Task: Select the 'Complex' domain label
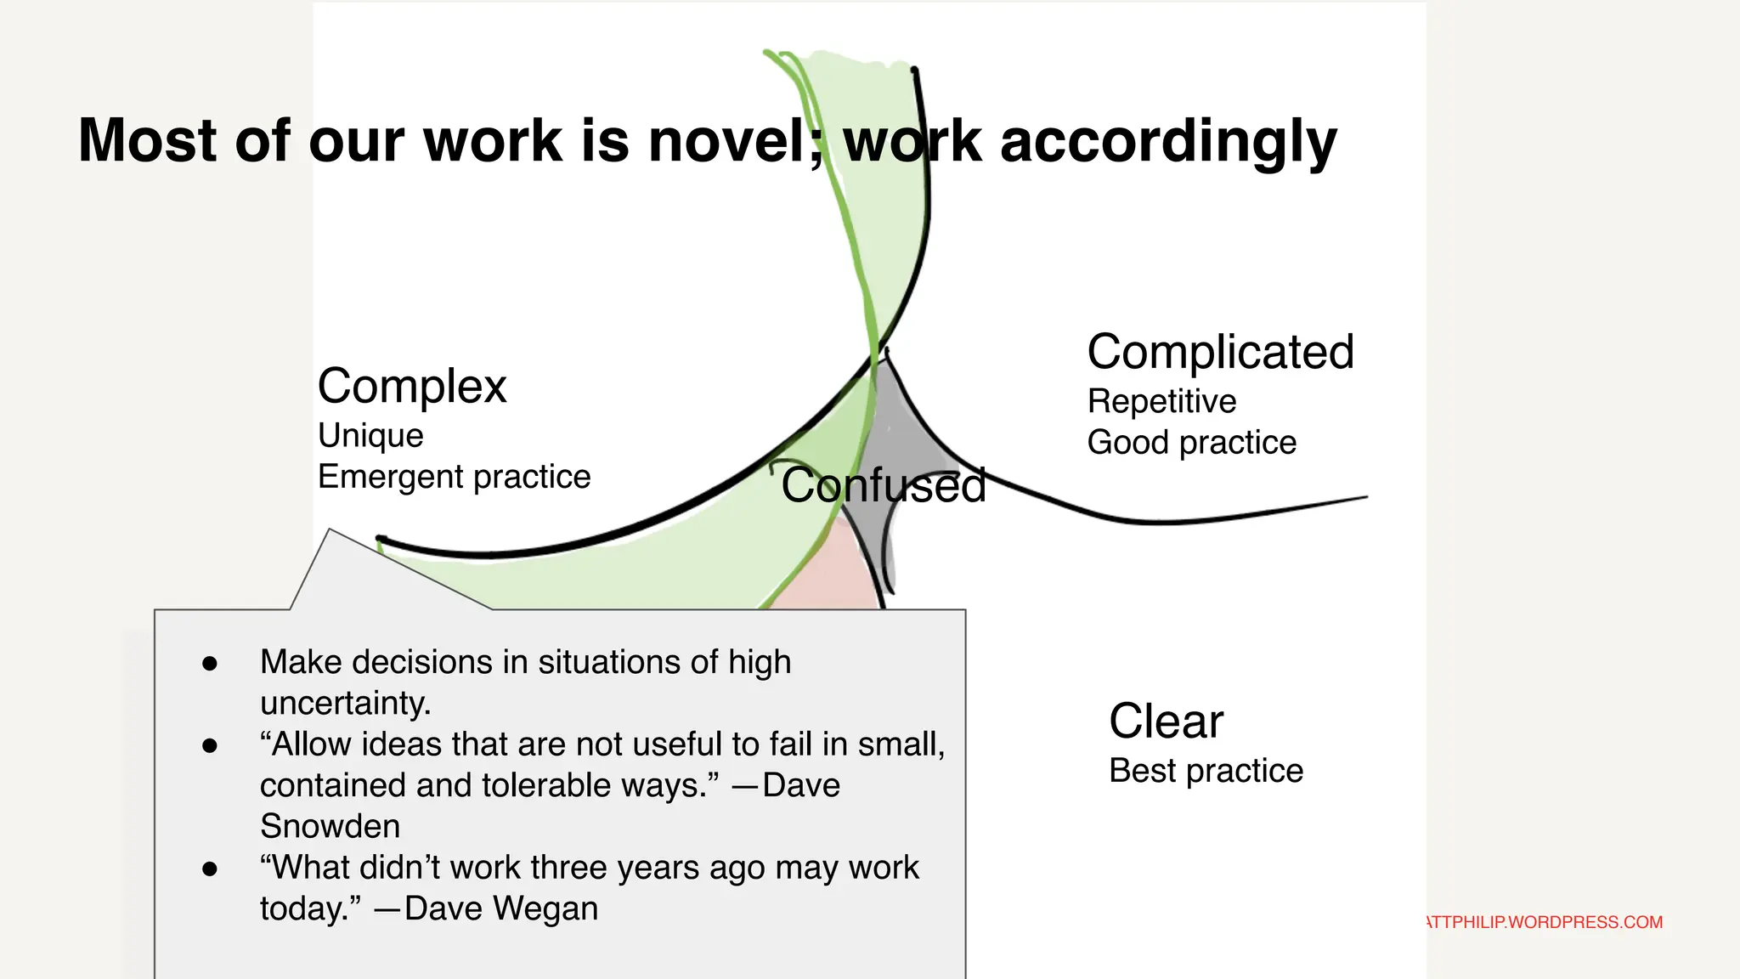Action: coord(412,387)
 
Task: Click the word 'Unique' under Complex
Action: coord(370,435)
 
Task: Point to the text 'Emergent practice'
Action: coord(454,477)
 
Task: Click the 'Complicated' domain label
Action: coord(1220,353)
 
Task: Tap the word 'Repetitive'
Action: coord(1161,401)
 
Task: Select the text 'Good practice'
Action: coord(1191,443)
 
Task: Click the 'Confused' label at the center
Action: coord(884,485)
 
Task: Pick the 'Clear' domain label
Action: coord(1166,722)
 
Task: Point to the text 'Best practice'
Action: coord(1206,771)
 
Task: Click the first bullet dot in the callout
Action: coord(210,664)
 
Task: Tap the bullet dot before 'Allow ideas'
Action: coord(210,746)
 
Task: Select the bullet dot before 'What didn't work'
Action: coord(210,869)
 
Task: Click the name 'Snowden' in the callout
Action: coord(330,826)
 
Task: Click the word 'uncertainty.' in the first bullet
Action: coord(345,704)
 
